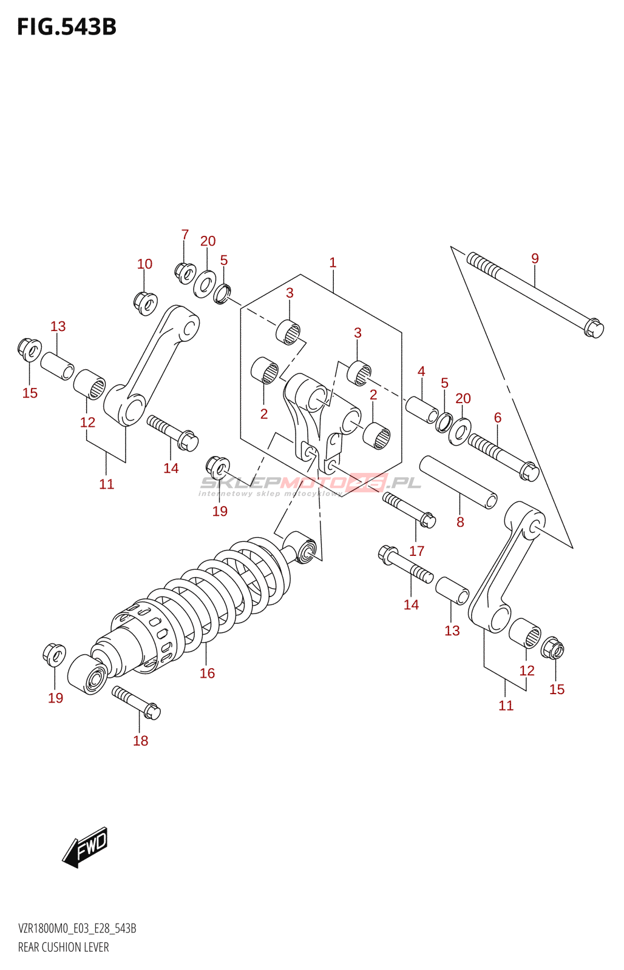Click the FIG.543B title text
click(67, 27)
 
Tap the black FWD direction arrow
click(85, 846)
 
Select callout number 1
click(333, 263)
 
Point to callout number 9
click(535, 258)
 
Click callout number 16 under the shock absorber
click(207, 673)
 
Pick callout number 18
click(140, 740)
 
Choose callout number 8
click(460, 522)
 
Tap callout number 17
click(416, 550)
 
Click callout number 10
click(144, 264)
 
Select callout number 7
click(185, 234)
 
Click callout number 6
click(498, 417)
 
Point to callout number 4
click(421, 371)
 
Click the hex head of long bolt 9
click(593, 329)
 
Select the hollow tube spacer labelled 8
click(458, 483)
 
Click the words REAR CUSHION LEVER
click(64, 947)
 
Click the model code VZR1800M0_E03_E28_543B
click(77, 928)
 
